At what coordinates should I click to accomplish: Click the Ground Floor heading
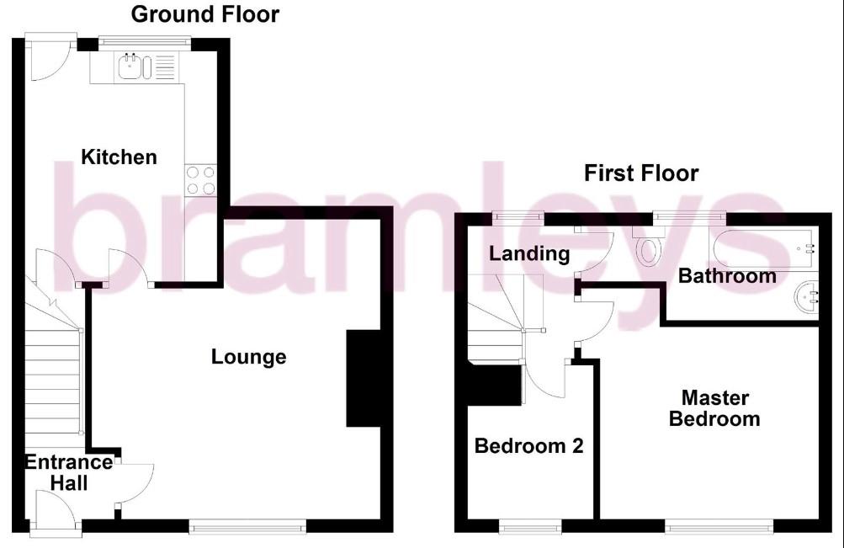[x=205, y=14]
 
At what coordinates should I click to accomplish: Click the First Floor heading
[x=641, y=173]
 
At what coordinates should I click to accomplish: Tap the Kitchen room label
[x=119, y=157]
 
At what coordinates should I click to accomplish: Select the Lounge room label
[x=248, y=357]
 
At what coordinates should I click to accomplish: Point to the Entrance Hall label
[x=68, y=472]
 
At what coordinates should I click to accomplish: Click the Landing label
[x=529, y=253]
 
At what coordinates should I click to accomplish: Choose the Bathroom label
[x=727, y=276]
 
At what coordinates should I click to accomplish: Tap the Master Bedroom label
[x=714, y=408]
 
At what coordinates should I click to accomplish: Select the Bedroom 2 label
[x=528, y=446]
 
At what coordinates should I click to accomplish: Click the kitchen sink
[x=135, y=67]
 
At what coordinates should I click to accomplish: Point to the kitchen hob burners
[x=199, y=179]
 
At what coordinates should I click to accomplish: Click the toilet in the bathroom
[x=650, y=249]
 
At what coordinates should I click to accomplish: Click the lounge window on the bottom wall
[x=247, y=527]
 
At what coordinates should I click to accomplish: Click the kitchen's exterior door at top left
[x=49, y=56]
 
